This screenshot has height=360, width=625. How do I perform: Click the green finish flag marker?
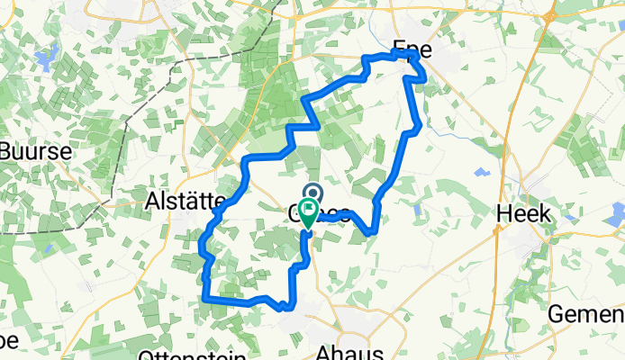click(x=307, y=214)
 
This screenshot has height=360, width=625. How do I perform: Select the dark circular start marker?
click(x=314, y=192)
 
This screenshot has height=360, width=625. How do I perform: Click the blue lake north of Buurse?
click(x=41, y=60)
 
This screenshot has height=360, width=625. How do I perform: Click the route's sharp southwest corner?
click(x=205, y=298)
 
